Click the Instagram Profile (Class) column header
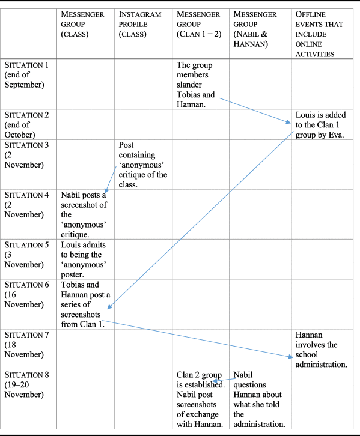tap(139, 24)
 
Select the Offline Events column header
tap(319, 34)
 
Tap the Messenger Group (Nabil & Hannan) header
tap(255, 29)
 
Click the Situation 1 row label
tap(26, 75)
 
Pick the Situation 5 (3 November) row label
tap(26, 255)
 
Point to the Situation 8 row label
tap(26, 384)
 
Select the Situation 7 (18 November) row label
tap(26, 345)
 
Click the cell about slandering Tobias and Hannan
tap(195, 85)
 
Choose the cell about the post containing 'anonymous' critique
tap(142, 165)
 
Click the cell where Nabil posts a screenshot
tap(84, 214)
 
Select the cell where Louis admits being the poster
tap(84, 259)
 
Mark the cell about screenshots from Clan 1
tap(85, 304)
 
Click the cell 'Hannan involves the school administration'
tap(321, 350)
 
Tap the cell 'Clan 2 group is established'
tap(201, 399)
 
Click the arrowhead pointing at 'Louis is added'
tap(288, 121)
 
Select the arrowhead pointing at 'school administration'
tap(290, 356)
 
